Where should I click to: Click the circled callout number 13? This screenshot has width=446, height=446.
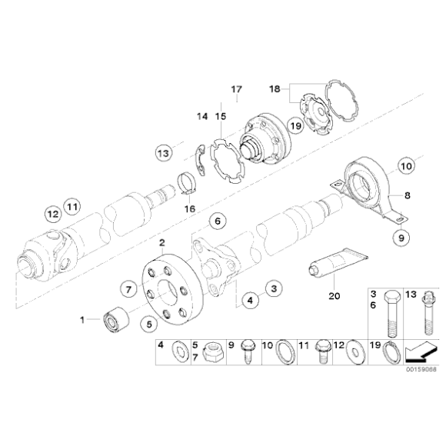point(164,152)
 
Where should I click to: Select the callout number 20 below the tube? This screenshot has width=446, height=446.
point(334,295)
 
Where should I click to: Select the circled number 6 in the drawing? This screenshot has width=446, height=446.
point(218,221)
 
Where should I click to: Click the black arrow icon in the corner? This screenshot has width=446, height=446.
point(418,352)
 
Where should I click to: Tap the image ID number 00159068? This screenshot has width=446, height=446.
point(421,368)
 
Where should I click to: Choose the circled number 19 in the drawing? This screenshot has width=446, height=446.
point(296,125)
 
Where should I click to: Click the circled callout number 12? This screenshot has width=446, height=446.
point(52,212)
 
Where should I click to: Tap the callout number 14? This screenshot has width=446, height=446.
point(202,116)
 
